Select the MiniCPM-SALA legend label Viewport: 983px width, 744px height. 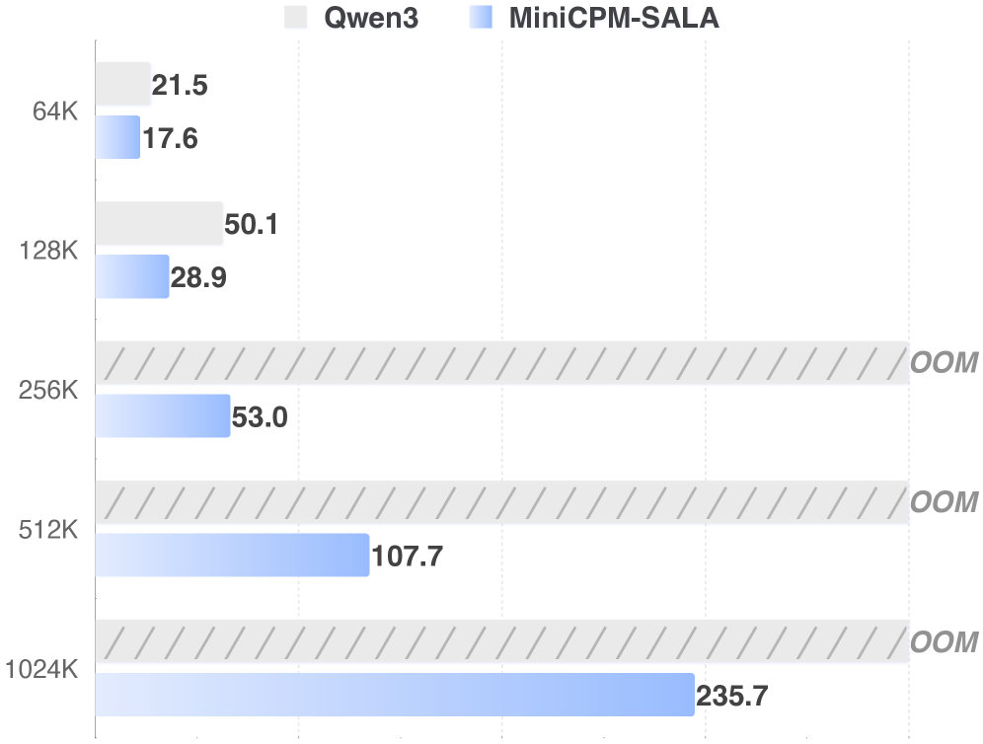tap(614, 18)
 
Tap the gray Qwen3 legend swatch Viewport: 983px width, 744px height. tap(295, 18)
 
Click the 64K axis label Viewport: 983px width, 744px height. tap(55, 112)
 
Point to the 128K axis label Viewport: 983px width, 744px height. tap(48, 252)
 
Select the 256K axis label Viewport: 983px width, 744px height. tap(48, 391)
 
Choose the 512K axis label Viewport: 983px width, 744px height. tap(48, 531)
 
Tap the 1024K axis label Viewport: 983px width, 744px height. tap(41, 671)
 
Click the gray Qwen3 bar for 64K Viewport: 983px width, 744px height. tap(122, 84)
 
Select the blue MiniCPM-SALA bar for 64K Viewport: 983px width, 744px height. tap(117, 137)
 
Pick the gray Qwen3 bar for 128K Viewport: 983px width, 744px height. tap(159, 223)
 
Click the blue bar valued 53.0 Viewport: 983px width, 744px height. tap(163, 416)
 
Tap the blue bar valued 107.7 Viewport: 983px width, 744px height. tap(232, 556)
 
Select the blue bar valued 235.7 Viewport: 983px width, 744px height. tap(395, 695)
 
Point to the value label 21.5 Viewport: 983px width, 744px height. tap(180, 86)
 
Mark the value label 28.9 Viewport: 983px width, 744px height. tap(198, 278)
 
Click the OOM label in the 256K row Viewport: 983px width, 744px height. tap(944, 363)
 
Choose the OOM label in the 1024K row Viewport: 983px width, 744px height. tap(944, 642)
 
